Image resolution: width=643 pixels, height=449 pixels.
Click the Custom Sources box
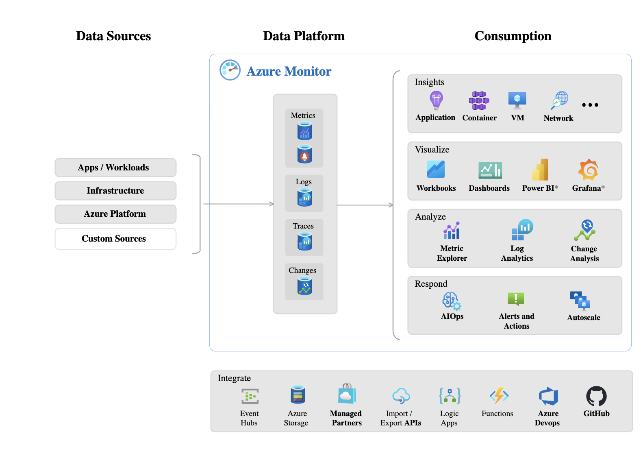point(115,239)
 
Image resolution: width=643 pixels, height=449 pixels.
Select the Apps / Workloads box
point(115,168)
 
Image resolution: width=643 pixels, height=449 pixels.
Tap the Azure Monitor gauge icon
point(230,70)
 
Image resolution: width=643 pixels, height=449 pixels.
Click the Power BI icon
point(540,170)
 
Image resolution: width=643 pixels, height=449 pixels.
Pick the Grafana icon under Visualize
point(588,170)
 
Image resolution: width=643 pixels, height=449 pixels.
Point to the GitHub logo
point(596,396)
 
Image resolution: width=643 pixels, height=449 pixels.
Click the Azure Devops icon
point(548,396)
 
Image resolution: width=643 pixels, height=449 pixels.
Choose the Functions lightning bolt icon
point(499,395)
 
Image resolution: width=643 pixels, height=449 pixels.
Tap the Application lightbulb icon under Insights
point(436,100)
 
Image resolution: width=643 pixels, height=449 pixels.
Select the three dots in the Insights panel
point(590,105)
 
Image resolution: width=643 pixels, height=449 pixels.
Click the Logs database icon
point(304,198)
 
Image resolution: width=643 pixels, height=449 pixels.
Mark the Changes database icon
point(304,286)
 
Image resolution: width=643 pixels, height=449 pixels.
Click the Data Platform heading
point(304,36)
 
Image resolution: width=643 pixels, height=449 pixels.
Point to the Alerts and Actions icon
point(516,299)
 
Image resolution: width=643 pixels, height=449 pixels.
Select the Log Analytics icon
point(522,230)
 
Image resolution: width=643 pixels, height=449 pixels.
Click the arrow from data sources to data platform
point(238,204)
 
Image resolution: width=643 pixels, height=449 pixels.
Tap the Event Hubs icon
point(250,396)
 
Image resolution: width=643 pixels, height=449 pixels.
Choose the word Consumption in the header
point(513,36)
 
